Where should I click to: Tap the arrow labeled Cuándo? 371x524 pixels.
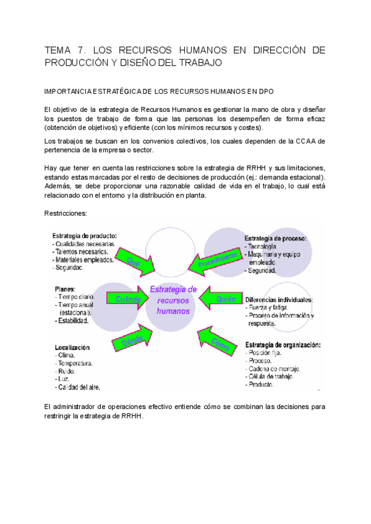[x=128, y=299]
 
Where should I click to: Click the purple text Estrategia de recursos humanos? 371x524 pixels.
[x=174, y=300]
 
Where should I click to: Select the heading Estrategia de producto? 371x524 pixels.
[x=85, y=235]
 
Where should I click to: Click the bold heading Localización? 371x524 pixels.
[x=72, y=347]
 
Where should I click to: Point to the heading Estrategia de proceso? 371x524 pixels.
[x=276, y=239]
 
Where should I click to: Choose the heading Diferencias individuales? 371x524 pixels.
[x=279, y=299]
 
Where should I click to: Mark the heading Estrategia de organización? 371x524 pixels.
[x=282, y=344]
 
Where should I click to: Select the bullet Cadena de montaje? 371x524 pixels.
[x=275, y=368]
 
